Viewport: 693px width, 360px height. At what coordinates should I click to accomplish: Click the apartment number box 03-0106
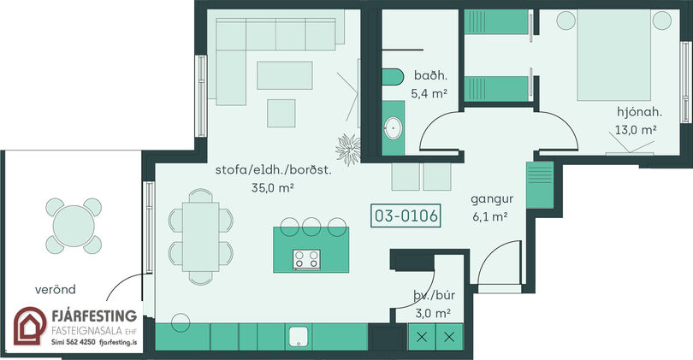click(x=406, y=215)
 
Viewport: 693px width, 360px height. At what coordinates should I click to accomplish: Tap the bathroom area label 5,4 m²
click(x=429, y=94)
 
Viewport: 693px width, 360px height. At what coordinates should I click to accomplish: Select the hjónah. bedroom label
click(x=639, y=112)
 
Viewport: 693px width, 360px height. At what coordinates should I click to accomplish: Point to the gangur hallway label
click(x=492, y=199)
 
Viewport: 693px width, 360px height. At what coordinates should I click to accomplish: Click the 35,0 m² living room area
click(x=273, y=188)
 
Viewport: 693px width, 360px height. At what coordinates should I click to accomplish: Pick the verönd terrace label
click(x=56, y=289)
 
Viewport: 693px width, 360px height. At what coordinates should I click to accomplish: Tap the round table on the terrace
click(x=74, y=226)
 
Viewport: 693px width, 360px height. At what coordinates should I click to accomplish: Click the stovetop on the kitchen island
click(x=306, y=259)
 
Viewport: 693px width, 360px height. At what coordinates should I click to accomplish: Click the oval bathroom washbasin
click(x=393, y=128)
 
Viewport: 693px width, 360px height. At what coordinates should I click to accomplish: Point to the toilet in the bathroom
click(x=393, y=77)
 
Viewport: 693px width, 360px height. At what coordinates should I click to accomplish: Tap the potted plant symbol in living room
click(x=348, y=149)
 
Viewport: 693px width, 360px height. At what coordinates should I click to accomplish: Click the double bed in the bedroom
click(x=614, y=56)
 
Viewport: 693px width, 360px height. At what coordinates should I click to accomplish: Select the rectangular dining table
click(x=201, y=236)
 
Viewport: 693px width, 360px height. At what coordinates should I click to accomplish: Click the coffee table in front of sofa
click(x=285, y=75)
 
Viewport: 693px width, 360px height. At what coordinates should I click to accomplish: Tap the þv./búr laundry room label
click(x=435, y=295)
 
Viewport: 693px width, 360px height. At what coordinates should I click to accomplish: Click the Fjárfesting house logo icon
click(x=30, y=326)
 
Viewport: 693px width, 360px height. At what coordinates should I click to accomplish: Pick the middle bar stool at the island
click(x=311, y=227)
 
